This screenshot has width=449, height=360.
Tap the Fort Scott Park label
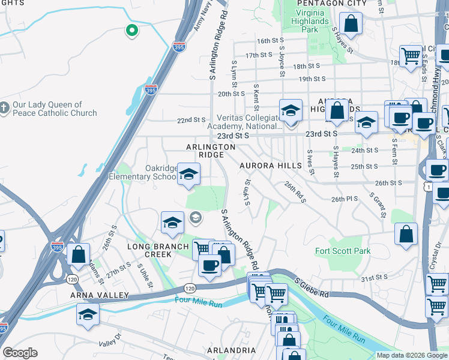tap(343, 251)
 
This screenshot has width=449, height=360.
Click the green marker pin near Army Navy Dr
tap(131, 29)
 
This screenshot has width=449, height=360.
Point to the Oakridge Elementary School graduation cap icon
tap(189, 175)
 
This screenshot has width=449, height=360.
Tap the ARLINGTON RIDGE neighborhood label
tap(211, 151)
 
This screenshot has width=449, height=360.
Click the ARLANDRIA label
tap(232, 350)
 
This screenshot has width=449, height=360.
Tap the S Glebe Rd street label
tap(312, 287)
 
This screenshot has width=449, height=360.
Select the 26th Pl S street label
tap(345, 199)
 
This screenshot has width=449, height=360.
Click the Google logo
tap(20, 353)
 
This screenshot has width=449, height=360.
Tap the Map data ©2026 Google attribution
tap(412, 355)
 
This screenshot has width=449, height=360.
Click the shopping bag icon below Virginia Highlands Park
tap(352, 25)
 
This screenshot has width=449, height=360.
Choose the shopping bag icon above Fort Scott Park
tap(406, 234)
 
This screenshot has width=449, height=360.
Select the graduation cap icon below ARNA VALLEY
tap(88, 314)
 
